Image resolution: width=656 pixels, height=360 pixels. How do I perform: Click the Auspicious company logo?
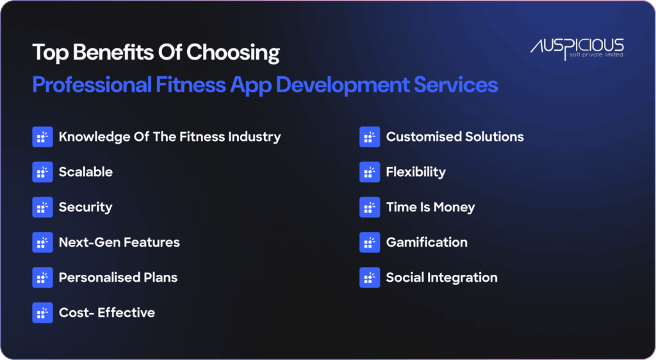coord(577,47)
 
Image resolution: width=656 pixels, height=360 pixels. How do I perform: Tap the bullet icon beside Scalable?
coord(42,172)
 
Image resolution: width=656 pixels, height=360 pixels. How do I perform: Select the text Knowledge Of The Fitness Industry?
coord(169,136)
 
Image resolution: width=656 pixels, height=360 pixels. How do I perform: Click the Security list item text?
coord(85,207)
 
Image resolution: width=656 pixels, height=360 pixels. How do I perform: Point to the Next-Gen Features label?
coord(119,242)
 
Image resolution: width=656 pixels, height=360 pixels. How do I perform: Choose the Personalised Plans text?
coord(118,277)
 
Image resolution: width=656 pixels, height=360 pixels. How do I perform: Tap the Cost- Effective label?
coord(106,313)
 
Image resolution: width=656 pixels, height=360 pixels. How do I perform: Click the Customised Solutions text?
coord(454,136)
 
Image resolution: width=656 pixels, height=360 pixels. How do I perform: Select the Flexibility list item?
coord(415,172)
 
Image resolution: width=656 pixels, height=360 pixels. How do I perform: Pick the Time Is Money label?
coord(430,207)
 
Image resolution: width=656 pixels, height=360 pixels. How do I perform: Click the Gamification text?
coord(426,242)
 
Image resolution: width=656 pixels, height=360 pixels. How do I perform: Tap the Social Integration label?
coord(441,277)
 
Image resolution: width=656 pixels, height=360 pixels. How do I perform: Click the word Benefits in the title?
coord(101,53)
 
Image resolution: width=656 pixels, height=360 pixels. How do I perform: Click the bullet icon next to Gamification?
coord(369,242)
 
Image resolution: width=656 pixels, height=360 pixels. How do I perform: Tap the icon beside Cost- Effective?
coord(42,313)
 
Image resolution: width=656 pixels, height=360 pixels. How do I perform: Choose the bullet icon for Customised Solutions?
coord(369,136)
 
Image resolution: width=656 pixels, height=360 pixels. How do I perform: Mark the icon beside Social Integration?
coord(369,277)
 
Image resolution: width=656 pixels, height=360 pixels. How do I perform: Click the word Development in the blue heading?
coord(347,85)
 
